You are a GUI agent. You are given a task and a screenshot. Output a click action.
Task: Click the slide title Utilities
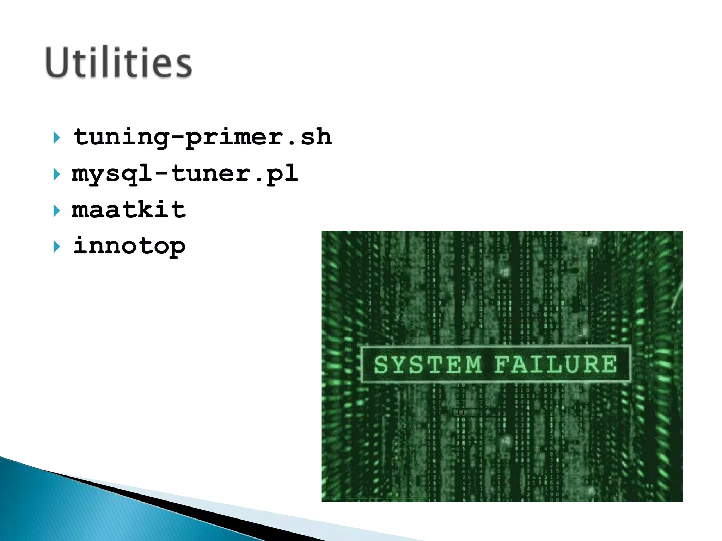(x=118, y=63)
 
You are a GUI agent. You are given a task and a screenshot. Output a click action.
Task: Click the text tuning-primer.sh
(x=202, y=137)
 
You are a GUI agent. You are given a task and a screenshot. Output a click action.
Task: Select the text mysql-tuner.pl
(x=185, y=174)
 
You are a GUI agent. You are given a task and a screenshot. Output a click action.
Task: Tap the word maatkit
(x=129, y=210)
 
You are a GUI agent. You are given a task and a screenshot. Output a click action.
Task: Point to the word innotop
(x=129, y=246)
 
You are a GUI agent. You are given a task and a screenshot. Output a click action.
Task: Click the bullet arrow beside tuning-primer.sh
(x=56, y=138)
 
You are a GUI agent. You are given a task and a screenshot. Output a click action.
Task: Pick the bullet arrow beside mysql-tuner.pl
(x=56, y=174)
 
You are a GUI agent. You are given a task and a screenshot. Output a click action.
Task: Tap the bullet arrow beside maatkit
(x=56, y=211)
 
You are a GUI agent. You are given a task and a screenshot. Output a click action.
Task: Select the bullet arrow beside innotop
(x=56, y=247)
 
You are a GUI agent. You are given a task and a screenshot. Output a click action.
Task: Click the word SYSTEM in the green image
(x=428, y=365)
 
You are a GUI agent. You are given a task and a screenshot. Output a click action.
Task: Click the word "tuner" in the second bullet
(x=211, y=174)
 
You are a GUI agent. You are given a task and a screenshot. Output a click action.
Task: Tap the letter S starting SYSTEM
(x=381, y=365)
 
